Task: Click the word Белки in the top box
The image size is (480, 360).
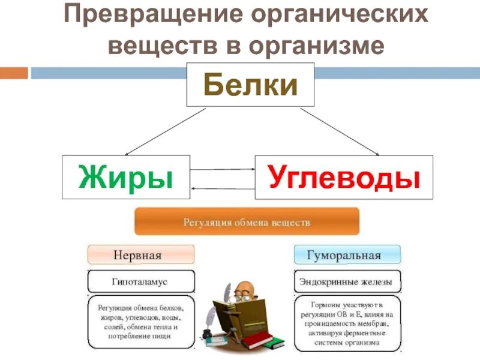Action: (251, 86)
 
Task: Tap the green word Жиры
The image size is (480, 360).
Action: (126, 177)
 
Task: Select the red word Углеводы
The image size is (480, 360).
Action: (343, 177)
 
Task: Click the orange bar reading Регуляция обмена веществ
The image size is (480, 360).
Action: (247, 222)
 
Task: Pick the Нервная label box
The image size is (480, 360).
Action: (141, 255)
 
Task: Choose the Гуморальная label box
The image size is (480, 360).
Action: (347, 255)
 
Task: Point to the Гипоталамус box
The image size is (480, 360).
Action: (141, 281)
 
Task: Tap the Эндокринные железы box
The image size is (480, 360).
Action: (347, 281)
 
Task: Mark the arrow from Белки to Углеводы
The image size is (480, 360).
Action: (339, 132)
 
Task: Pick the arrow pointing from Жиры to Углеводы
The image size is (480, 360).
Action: (222, 170)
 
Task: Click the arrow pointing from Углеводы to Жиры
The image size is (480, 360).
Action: (222, 188)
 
